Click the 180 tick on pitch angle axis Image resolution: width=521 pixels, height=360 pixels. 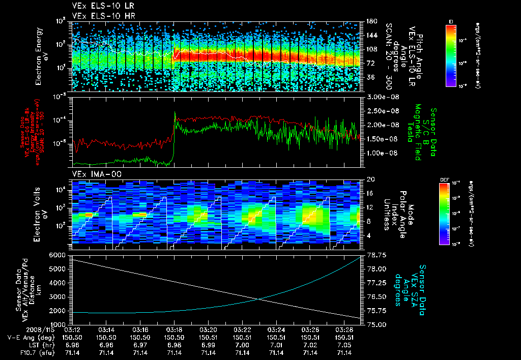pyautogui.click(x=371, y=21)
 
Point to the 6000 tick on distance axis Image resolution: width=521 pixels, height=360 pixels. pyautogui.click(x=60, y=254)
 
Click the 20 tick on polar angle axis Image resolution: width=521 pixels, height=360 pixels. pyautogui.click(x=370, y=179)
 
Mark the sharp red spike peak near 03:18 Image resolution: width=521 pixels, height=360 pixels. pyautogui.click(x=175, y=112)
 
